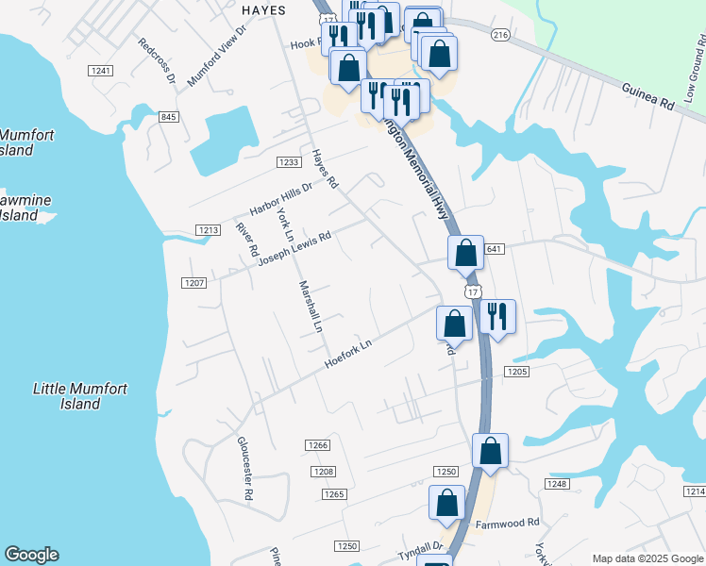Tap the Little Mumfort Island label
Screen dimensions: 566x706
(80, 396)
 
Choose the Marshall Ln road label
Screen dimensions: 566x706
(311, 308)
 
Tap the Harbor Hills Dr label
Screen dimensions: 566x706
(279, 198)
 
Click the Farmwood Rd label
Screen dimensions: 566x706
(507, 522)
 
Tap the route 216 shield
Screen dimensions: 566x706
(500, 35)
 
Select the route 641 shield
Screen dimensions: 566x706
(496, 249)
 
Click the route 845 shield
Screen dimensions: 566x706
(169, 117)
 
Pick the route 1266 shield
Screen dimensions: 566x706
(317, 445)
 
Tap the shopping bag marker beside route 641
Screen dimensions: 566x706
(465, 253)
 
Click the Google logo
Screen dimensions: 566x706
(31, 555)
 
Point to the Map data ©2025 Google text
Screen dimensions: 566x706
(647, 558)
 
